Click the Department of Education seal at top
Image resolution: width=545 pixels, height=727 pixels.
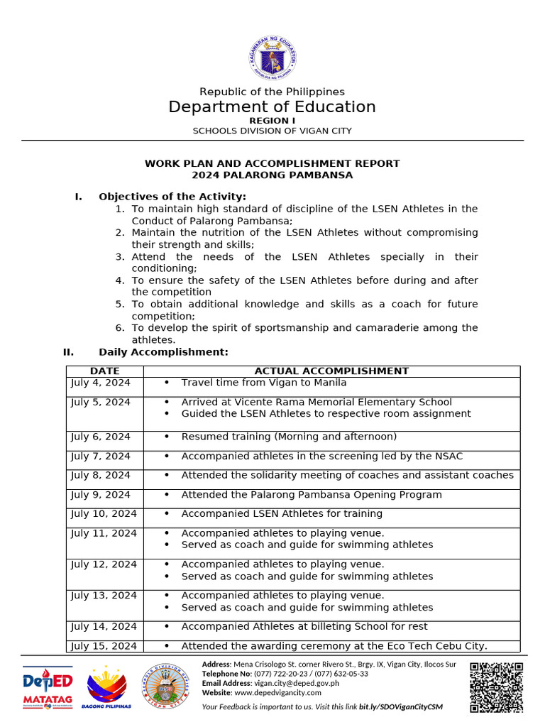[272, 58]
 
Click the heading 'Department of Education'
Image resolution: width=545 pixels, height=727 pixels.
[272, 107]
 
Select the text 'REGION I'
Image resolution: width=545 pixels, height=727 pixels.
[272, 121]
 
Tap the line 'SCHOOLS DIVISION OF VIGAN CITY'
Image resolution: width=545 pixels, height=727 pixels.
[272, 131]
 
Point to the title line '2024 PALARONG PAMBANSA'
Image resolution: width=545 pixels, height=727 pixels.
[272, 175]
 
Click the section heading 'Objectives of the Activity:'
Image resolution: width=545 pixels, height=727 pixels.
[172, 196]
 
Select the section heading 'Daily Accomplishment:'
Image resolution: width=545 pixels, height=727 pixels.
[163, 351]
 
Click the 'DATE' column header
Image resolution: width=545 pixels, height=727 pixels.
[104, 371]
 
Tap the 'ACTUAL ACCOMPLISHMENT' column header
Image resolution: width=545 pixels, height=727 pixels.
[331, 371]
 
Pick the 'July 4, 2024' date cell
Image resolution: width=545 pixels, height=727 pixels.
[101, 383]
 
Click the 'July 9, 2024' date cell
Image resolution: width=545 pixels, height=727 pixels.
[101, 495]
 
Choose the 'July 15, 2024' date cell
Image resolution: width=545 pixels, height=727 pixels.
[104, 646]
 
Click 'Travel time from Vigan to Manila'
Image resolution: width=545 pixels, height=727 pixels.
[263, 383]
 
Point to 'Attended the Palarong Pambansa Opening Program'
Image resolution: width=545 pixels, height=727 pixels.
[311, 495]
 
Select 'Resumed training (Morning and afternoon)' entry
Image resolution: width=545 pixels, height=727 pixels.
[289, 437]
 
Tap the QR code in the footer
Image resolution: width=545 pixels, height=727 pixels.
[497, 687]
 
